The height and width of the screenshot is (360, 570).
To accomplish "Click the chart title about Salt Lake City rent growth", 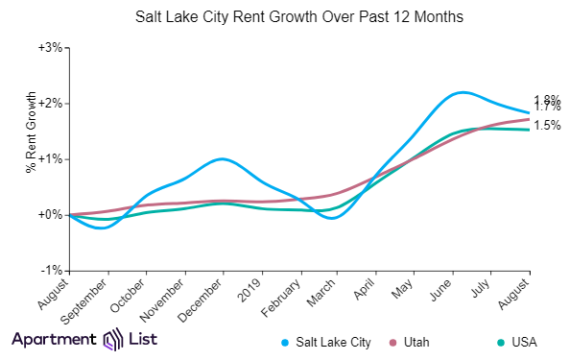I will tap(285, 17).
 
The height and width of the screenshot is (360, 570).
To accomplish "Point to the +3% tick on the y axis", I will tap(50, 47).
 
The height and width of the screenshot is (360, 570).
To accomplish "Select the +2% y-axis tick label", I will tap(50, 103).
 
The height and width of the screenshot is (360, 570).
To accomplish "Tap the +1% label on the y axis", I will tap(50, 158).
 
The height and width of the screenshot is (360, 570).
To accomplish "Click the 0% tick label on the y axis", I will tap(53, 214).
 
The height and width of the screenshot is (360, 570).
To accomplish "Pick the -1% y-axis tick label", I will tap(52, 270).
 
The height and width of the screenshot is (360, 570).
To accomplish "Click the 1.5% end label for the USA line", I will tap(547, 126).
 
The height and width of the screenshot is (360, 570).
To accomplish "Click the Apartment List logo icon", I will tap(113, 339).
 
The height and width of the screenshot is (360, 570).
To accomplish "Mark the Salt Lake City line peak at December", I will tap(222, 158).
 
